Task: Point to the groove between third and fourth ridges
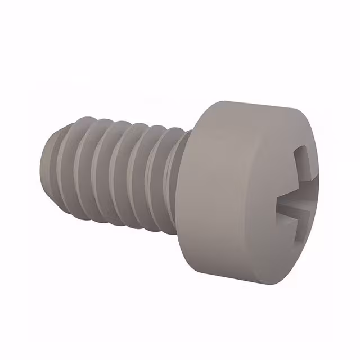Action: coord(114,173)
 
